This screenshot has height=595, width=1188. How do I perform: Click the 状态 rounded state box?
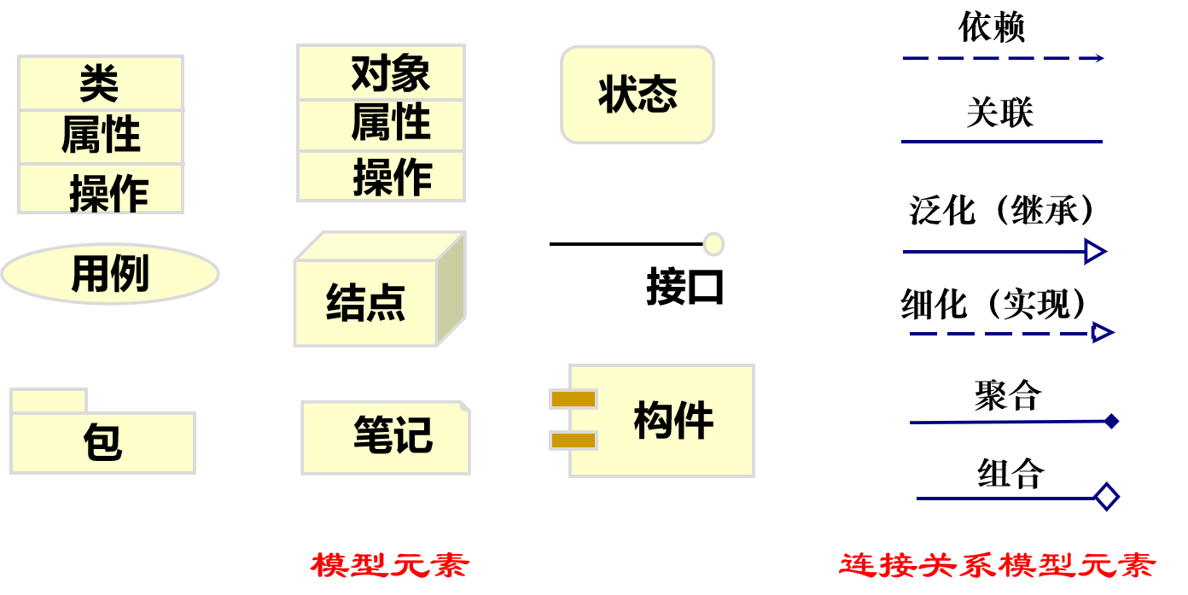point(637,95)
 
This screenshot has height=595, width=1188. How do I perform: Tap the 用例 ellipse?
point(110,274)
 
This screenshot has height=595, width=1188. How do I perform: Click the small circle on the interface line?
point(713,244)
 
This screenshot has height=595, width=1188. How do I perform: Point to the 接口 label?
point(684,287)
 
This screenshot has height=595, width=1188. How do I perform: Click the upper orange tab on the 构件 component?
point(573,399)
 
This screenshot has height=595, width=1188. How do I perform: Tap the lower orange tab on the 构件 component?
point(573,440)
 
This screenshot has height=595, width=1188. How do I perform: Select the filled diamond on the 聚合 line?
point(1110,421)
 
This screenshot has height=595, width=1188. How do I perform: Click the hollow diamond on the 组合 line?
point(1106,497)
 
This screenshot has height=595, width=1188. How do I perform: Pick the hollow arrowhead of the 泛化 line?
point(1095,252)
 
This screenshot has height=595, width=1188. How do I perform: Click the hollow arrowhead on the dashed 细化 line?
point(1102,333)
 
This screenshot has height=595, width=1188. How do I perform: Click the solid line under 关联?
point(1002,142)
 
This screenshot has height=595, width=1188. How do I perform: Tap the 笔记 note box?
point(386,437)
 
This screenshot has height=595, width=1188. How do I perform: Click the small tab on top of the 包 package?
point(49,400)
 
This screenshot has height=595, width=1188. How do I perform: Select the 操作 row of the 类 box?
point(101,190)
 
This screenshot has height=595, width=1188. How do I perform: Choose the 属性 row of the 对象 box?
point(381,125)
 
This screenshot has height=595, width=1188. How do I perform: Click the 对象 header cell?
point(381,73)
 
